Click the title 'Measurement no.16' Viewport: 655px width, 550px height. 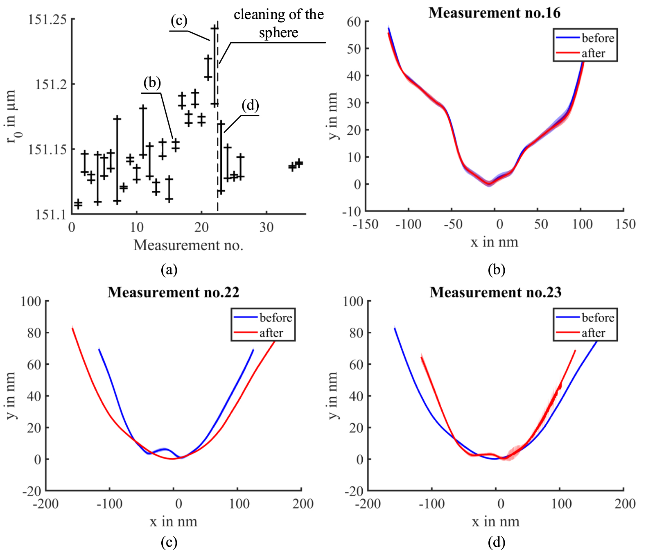click(x=494, y=13)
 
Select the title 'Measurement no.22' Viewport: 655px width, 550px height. click(x=173, y=292)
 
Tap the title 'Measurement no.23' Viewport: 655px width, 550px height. click(x=495, y=292)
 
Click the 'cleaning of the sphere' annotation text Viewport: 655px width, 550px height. click(x=278, y=23)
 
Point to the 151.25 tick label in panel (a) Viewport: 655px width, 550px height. click(x=47, y=19)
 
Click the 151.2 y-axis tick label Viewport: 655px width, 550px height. click(x=51, y=84)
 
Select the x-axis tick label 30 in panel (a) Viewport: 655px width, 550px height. click(x=266, y=227)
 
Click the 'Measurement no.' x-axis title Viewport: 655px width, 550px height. click(x=188, y=245)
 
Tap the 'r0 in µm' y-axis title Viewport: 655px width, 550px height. click(x=12, y=117)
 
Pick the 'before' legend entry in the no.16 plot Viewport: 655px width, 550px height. click(x=597, y=38)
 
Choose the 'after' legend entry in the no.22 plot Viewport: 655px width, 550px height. click(x=271, y=333)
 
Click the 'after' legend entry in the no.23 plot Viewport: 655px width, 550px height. click(x=593, y=333)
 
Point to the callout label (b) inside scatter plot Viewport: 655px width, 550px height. click(x=152, y=83)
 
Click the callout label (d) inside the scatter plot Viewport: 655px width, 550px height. click(x=250, y=106)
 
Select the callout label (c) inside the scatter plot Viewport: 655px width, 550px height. click(x=179, y=20)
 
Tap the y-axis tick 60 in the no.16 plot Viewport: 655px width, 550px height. click(x=354, y=22)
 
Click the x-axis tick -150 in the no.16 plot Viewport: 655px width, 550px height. click(x=365, y=224)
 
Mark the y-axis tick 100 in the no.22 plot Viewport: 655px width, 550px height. click(x=31, y=301)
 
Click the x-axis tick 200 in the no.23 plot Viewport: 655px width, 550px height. click(x=625, y=504)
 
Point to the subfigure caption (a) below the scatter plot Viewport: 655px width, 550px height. click(x=169, y=270)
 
